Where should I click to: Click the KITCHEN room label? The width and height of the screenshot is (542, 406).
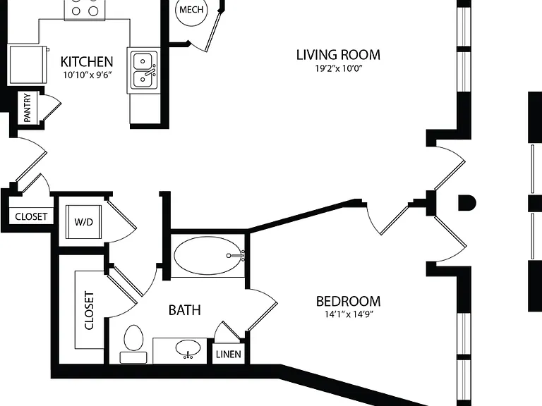tap(87, 62)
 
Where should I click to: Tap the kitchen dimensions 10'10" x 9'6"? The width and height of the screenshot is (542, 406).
tap(88, 75)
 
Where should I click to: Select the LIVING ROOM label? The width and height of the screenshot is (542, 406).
tap(339, 55)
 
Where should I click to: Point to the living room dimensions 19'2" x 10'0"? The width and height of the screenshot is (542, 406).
tap(339, 68)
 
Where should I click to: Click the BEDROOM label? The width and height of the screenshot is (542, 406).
tap(349, 302)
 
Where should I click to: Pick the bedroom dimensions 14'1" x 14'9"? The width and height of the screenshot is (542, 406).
tap(349, 314)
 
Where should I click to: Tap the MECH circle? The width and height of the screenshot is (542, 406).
tap(191, 10)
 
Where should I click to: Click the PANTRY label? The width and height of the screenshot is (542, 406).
tap(28, 107)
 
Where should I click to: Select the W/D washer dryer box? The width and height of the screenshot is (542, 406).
tap(84, 221)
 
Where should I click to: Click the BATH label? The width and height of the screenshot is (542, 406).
tap(185, 310)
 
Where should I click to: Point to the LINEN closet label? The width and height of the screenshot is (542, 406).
tap(229, 355)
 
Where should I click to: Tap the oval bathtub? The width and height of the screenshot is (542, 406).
tap(208, 256)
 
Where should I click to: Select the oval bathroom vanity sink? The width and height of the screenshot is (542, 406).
tap(188, 349)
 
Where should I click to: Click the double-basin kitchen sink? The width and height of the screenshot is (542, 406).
tap(144, 71)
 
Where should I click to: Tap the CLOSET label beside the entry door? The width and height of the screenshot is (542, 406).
tap(31, 216)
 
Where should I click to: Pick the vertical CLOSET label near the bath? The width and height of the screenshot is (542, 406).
tap(89, 311)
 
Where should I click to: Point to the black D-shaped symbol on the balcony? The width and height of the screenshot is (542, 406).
tap(467, 203)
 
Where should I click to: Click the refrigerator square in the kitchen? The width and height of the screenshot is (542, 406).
tap(28, 64)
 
